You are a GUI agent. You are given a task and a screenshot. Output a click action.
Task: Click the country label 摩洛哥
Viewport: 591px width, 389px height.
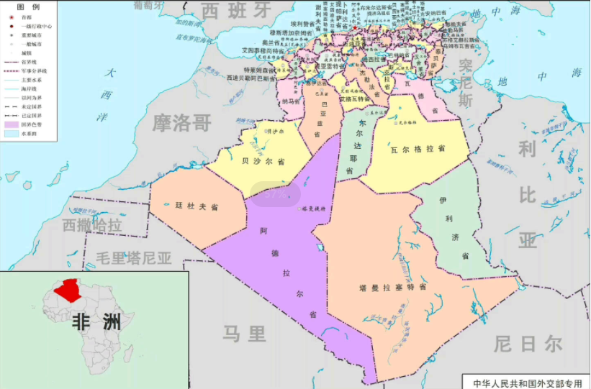(x=181, y=123)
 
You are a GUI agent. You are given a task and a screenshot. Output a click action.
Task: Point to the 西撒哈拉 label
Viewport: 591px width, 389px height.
(x=91, y=225)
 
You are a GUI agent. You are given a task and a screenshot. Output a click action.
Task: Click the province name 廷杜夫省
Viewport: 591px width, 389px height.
(x=197, y=206)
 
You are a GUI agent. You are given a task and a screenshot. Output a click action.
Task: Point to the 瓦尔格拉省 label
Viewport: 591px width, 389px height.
(x=418, y=148)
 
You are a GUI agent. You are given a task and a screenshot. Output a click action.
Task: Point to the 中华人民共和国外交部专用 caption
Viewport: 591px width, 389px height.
(x=527, y=383)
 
